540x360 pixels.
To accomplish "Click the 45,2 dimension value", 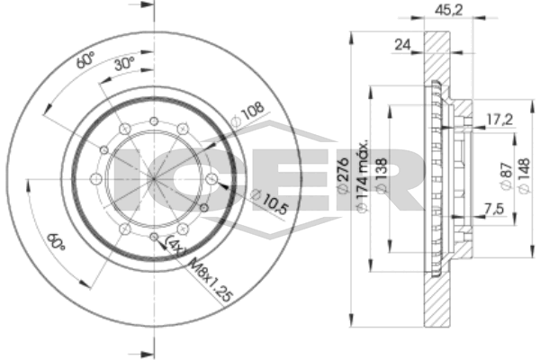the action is click(448, 10).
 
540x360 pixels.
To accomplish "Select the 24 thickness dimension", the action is click(402, 45).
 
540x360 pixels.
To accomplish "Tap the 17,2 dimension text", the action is click(499, 120).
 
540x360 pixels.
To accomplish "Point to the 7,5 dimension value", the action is click(494, 209).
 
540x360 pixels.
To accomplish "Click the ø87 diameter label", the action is click(506, 175).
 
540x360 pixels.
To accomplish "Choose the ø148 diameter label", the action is click(523, 175).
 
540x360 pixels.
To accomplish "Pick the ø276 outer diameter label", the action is click(344, 175).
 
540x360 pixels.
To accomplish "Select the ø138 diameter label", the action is click(382, 175).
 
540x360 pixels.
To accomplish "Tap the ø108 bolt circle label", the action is click(248, 114).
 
